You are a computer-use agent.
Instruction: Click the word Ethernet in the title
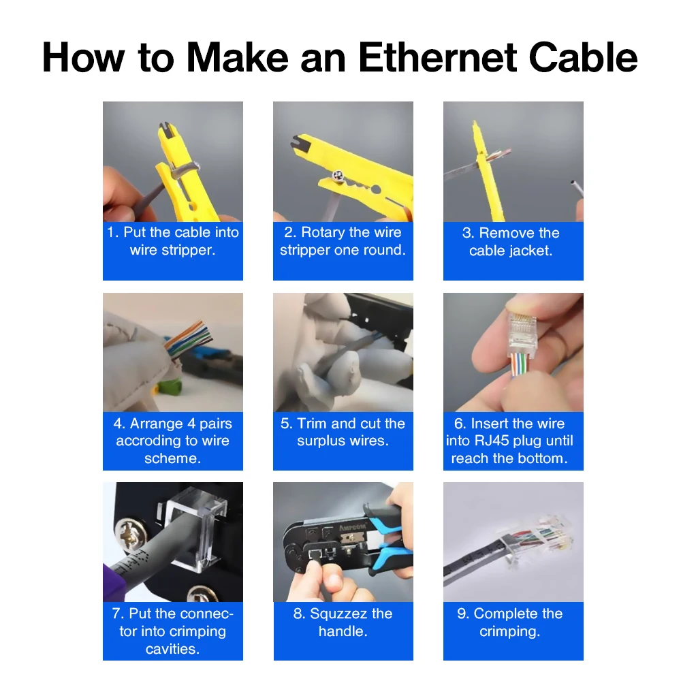437,57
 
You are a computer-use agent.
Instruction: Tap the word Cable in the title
583,57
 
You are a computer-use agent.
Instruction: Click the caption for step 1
173,241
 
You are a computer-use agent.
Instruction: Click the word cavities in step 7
172,649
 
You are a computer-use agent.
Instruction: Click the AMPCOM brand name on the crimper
352,527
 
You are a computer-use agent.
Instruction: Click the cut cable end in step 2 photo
338,176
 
